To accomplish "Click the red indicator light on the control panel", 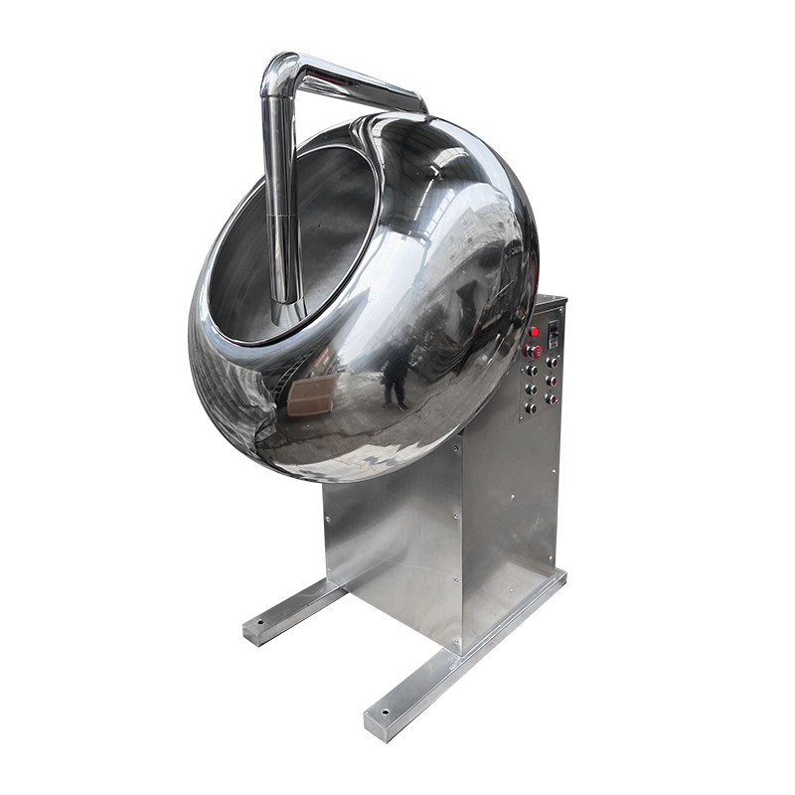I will tap(534, 332).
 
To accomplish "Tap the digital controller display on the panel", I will tap(554, 335).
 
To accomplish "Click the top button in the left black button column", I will tap(533, 371).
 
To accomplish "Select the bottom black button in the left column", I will tap(532, 408).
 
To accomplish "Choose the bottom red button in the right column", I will tap(552, 399).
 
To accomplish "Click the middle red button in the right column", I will tap(553, 382).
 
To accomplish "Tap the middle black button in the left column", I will tap(533, 390).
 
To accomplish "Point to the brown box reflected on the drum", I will tap(309, 397).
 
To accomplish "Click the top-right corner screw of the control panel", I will tap(561, 310).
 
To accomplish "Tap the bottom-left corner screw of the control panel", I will tap(521, 418).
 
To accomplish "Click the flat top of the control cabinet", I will tap(550, 299).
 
